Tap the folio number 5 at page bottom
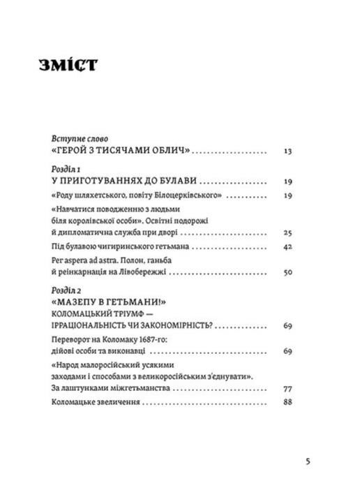(308, 461)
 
